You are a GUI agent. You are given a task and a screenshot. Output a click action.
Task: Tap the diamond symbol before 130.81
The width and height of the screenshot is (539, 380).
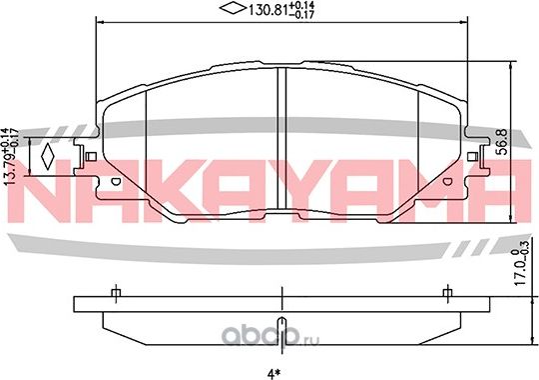(232, 12)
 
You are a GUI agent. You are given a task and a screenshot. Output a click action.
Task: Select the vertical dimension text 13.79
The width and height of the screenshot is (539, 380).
(11, 159)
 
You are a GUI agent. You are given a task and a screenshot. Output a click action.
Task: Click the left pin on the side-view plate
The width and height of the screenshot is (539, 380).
(115, 293)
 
